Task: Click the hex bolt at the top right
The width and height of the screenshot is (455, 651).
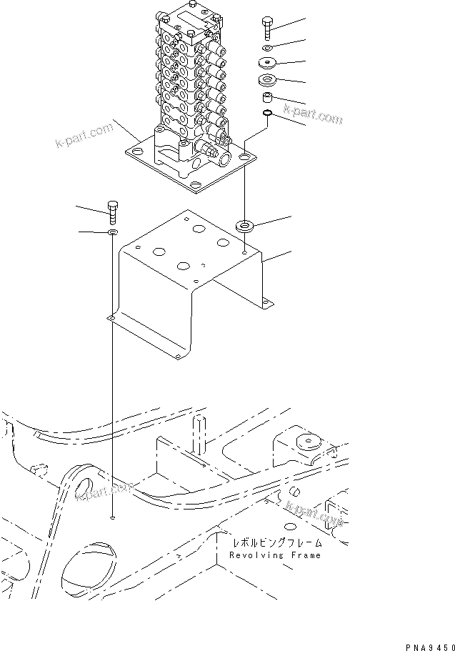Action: [x=266, y=27]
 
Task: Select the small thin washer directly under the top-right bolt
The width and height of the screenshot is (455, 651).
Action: [x=266, y=49]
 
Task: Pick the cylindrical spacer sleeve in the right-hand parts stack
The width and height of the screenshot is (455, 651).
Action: [x=266, y=96]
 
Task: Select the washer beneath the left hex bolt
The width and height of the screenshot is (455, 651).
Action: [x=114, y=232]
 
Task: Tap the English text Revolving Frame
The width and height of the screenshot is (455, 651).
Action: [x=275, y=555]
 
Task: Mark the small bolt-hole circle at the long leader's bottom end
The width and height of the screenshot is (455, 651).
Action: [x=113, y=517]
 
